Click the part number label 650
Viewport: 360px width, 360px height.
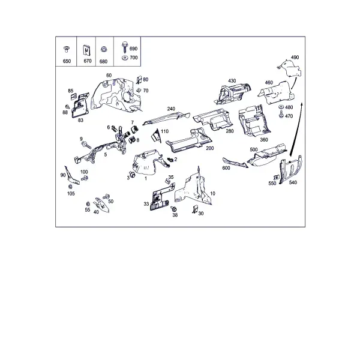point(67,61)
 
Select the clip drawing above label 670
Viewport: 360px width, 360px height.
point(86,50)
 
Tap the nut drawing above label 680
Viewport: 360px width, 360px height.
point(103,49)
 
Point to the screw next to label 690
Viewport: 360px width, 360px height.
point(125,47)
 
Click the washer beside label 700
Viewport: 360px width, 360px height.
point(125,58)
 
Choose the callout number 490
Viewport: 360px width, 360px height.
point(295,58)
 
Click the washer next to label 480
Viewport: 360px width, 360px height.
point(281,107)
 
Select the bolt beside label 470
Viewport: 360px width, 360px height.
point(281,114)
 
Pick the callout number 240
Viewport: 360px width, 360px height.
point(171,109)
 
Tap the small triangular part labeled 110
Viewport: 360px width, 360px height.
point(156,136)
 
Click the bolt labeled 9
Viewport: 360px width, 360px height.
point(86,145)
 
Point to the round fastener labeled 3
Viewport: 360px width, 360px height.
point(132,174)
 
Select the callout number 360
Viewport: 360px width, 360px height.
point(264,140)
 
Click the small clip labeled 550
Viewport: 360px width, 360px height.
point(276,178)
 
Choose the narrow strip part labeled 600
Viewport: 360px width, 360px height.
point(235,163)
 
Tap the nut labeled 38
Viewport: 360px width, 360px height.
point(173,209)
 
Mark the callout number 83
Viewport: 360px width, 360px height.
point(80,121)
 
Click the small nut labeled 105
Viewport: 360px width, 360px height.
point(70,187)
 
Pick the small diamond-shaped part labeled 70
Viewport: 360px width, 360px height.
point(139,90)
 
